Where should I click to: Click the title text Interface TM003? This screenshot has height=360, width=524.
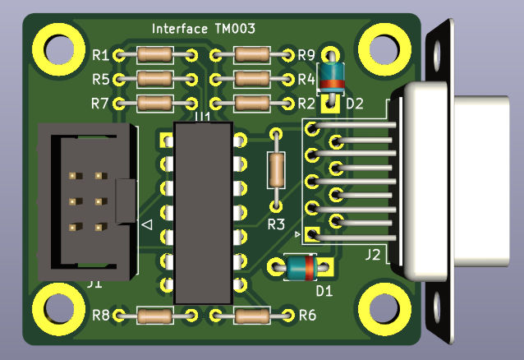coord(203,29)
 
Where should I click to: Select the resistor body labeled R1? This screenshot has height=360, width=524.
coord(154,55)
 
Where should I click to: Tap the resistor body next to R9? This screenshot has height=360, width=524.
coord(251,55)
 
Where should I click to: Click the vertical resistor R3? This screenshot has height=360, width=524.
coord(276,169)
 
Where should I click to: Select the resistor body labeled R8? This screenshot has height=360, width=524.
coord(154,315)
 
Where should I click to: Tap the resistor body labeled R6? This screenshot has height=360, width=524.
coord(251,315)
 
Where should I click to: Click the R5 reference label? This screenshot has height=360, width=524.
coord(101,80)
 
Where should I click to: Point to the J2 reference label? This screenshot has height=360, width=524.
coord(374,255)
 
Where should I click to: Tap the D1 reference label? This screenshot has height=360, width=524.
coord(325,290)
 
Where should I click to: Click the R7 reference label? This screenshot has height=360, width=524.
coord(101,104)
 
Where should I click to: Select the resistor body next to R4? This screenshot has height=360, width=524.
coord(251,79)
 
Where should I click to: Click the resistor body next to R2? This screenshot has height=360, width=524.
coord(251,104)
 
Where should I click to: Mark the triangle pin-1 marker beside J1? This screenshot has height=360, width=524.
coord(146,224)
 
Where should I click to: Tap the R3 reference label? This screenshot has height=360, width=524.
coord(276,224)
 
